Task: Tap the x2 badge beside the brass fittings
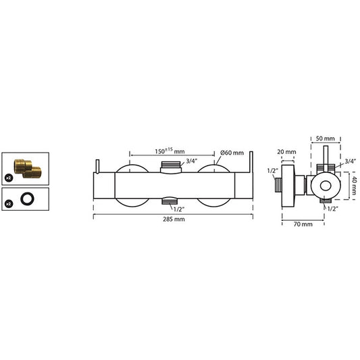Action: (x=9, y=178)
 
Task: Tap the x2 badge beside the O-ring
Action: (x=9, y=203)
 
